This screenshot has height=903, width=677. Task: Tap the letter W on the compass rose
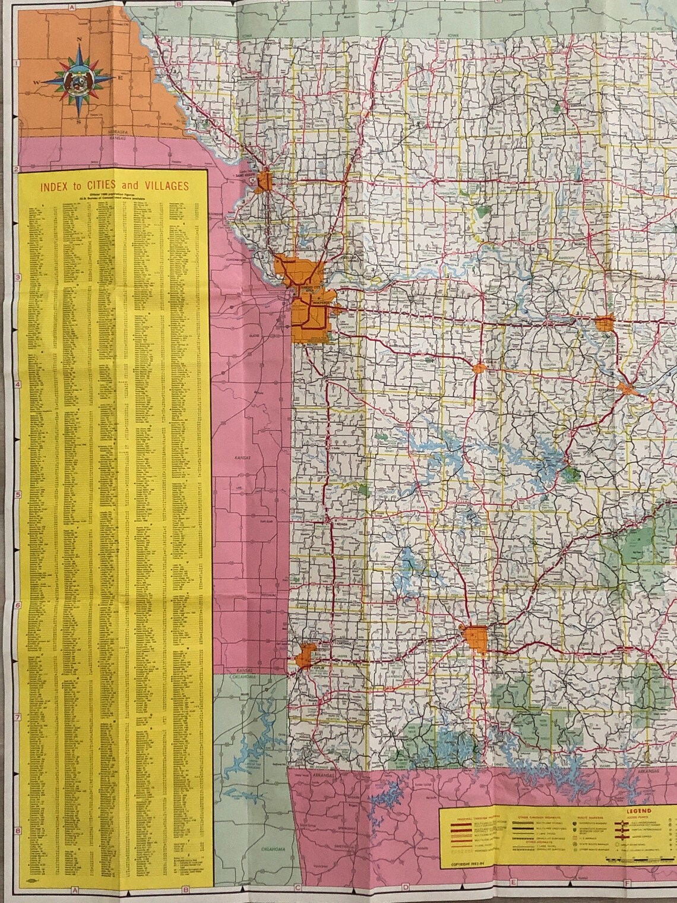pyautogui.click(x=36, y=82)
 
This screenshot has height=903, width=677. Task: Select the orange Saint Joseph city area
pyautogui.click(x=264, y=179)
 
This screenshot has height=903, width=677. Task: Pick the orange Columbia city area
pyautogui.click(x=606, y=324)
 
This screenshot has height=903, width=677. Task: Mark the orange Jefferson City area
pyautogui.click(x=628, y=389)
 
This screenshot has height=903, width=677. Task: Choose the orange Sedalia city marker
pyautogui.click(x=480, y=369)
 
